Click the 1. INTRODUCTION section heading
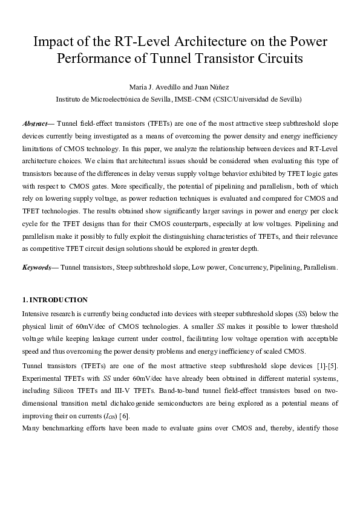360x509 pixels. tap(55, 300)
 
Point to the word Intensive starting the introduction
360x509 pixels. tap(36, 313)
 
